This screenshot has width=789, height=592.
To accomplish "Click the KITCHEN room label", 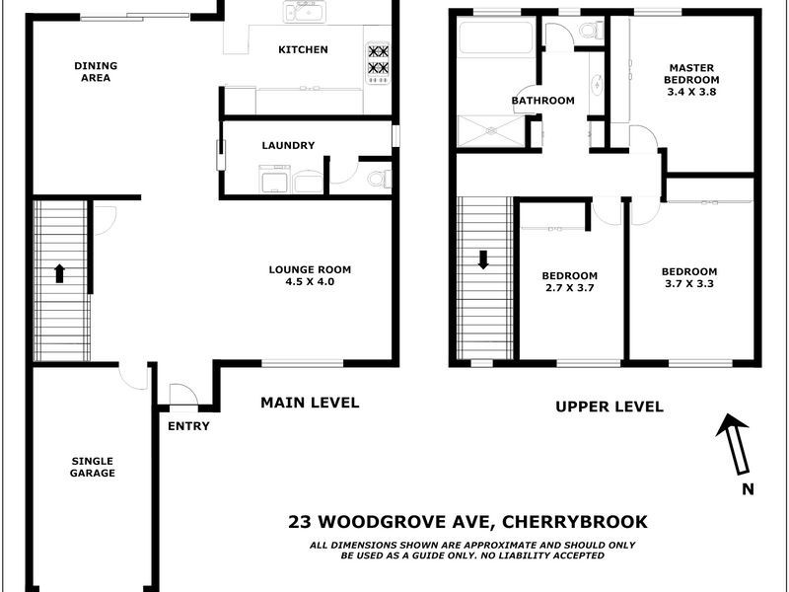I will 303,49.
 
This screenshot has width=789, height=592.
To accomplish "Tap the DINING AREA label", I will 96,71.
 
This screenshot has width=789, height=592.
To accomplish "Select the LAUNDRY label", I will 288,146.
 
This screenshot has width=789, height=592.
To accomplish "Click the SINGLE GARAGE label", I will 93,467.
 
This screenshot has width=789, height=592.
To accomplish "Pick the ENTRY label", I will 188,426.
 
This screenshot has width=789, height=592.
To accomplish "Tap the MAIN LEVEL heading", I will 310,403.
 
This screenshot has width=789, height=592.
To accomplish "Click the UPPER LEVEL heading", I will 609,407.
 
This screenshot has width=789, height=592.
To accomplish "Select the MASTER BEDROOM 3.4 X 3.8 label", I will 690,80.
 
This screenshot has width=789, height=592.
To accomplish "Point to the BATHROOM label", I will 542,101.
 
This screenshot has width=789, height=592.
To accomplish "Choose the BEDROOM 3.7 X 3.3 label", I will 688,277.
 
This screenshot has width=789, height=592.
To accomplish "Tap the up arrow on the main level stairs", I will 59,273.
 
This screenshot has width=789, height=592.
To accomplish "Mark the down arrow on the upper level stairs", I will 483,260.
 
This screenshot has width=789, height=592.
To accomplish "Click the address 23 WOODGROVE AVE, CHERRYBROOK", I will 467,522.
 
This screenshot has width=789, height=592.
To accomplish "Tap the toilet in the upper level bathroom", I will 590,32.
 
